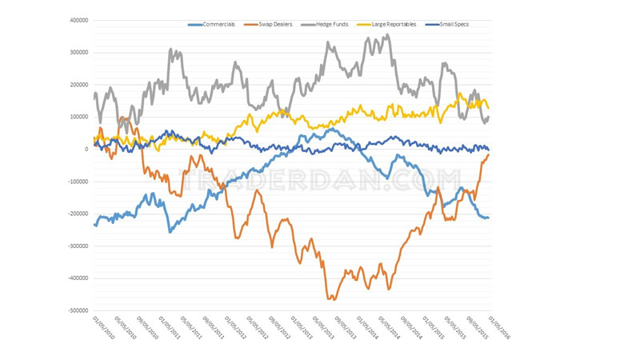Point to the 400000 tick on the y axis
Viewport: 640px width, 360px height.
click(78, 21)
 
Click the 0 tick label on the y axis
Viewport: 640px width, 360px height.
click(86, 150)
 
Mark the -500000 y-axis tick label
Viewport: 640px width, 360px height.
click(77, 310)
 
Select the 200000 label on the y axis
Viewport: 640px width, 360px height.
click(78, 85)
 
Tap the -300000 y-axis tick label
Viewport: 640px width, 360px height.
click(77, 246)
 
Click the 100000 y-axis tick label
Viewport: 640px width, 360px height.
click(78, 117)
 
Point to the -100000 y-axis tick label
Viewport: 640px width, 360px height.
click(77, 182)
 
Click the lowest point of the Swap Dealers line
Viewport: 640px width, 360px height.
click(331, 298)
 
